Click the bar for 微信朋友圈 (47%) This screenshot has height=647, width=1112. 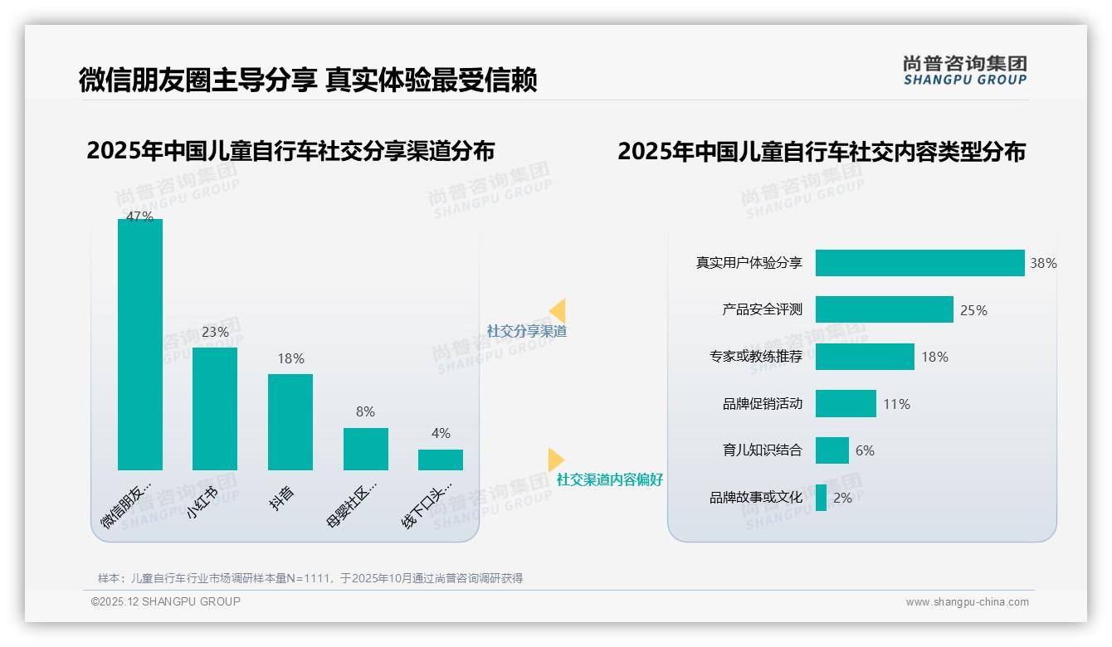point(140,344)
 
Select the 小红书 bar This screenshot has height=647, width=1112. point(215,409)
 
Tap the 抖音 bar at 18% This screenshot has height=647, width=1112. point(290,422)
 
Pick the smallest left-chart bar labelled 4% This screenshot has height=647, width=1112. point(441,460)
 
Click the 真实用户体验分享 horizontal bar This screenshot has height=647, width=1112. point(919,263)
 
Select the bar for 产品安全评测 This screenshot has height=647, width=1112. point(884,309)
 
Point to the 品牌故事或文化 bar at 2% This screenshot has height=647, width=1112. point(821,498)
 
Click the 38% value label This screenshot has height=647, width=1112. point(1043,264)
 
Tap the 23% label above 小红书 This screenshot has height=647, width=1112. point(215,332)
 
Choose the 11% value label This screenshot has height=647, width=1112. point(896,405)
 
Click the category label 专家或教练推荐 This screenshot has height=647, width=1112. point(755,357)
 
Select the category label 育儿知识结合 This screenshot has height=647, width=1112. point(762,450)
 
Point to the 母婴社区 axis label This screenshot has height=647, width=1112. point(352,503)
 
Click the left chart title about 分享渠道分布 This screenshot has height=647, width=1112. point(290,151)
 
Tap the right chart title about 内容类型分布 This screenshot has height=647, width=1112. point(822,151)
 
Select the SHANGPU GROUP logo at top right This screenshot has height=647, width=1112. point(964,71)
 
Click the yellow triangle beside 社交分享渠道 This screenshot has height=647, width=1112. point(557,311)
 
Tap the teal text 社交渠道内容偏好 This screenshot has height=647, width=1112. point(609,479)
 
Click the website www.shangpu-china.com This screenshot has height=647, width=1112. point(967,602)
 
